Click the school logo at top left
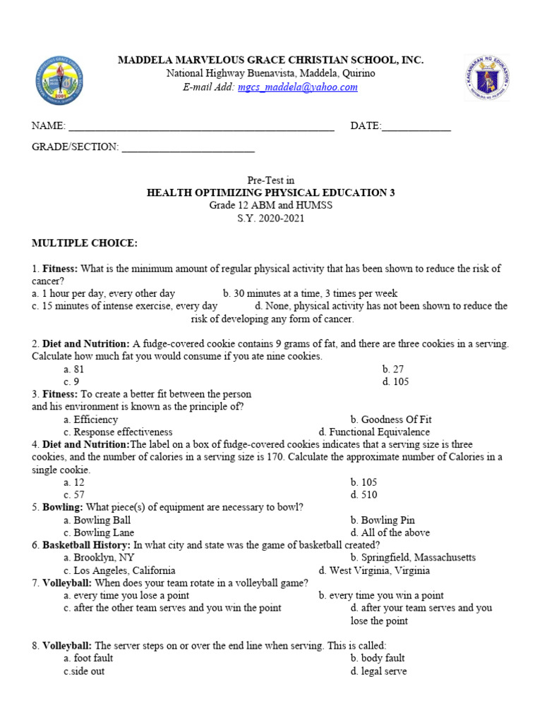tap(62, 78)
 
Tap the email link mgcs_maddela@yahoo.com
tap(297, 87)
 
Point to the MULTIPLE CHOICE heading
tap(84, 244)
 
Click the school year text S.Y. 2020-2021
tap(270, 219)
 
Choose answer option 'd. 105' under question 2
tap(395, 381)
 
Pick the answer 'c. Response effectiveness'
tap(118, 432)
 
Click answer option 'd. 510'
tap(363, 495)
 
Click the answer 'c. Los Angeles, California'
tap(119, 570)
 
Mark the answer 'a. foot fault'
tap(88, 659)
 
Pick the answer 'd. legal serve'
tap(378, 671)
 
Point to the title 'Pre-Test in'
tap(270, 180)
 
